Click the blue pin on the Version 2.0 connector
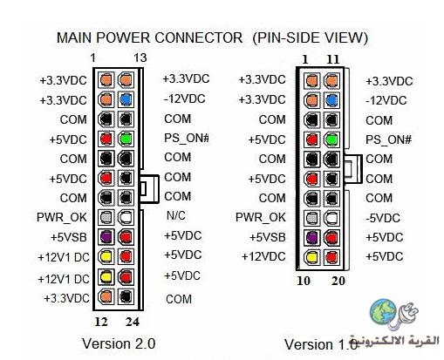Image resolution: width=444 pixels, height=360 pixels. click(126, 99)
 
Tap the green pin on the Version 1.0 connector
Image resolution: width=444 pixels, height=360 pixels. click(331, 139)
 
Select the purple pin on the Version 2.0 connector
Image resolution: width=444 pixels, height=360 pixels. click(106, 237)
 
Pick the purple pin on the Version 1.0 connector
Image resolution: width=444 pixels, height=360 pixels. click(311, 237)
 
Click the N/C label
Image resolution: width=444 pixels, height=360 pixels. click(176, 215)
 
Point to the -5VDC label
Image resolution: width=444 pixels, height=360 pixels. click(383, 218)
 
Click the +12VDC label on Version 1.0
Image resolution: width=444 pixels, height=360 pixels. click(263, 256)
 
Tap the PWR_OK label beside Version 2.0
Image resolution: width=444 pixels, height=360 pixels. click(62, 217)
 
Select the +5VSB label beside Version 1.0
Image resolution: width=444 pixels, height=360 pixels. click(268, 237)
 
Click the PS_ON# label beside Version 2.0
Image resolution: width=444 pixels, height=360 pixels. click(187, 138)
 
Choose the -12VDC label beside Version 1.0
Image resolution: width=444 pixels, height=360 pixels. click(386, 100)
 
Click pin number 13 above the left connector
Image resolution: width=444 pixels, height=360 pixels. click(140, 58)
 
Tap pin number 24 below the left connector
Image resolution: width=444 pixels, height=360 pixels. click(133, 322)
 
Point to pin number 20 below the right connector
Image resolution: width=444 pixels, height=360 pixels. click(338, 281)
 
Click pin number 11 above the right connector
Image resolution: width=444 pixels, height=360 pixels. click(333, 59)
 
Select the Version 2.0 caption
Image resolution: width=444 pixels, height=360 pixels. click(119, 343)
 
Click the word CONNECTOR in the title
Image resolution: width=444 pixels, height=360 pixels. click(199, 37)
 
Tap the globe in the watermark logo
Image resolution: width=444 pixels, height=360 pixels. click(383, 311)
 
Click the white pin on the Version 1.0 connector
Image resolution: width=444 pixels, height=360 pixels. click(331, 217)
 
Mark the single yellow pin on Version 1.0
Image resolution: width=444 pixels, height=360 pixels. click(311, 257)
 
